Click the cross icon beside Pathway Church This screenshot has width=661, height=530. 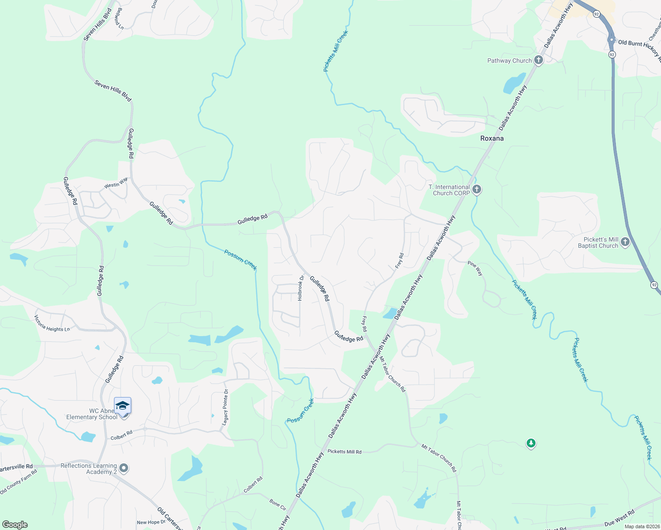click(x=539, y=61)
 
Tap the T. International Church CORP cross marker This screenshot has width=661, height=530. click(x=476, y=190)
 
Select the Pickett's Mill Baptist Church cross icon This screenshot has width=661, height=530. click(x=625, y=242)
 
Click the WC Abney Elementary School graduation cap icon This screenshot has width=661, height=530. click(x=122, y=405)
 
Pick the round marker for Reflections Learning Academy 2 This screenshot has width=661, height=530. click(x=124, y=469)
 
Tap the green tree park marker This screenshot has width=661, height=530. click(x=531, y=443)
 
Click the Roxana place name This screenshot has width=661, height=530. click(x=492, y=138)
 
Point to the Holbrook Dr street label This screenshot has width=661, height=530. click(x=301, y=288)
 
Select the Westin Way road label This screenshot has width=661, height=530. click(x=116, y=183)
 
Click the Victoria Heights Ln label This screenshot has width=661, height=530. click(x=52, y=323)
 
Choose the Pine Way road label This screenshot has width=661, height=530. click(x=475, y=269)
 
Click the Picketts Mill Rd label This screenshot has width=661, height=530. click(x=344, y=452)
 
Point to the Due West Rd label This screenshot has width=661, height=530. click(x=619, y=518)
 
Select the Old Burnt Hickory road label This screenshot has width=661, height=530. click(x=639, y=46)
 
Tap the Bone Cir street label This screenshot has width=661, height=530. click(x=278, y=504)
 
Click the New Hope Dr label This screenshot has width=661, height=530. click(x=151, y=522)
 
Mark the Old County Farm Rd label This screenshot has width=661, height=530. click(x=19, y=481)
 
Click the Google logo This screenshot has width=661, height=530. click(x=15, y=525)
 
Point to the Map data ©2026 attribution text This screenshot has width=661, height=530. click(x=642, y=526)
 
